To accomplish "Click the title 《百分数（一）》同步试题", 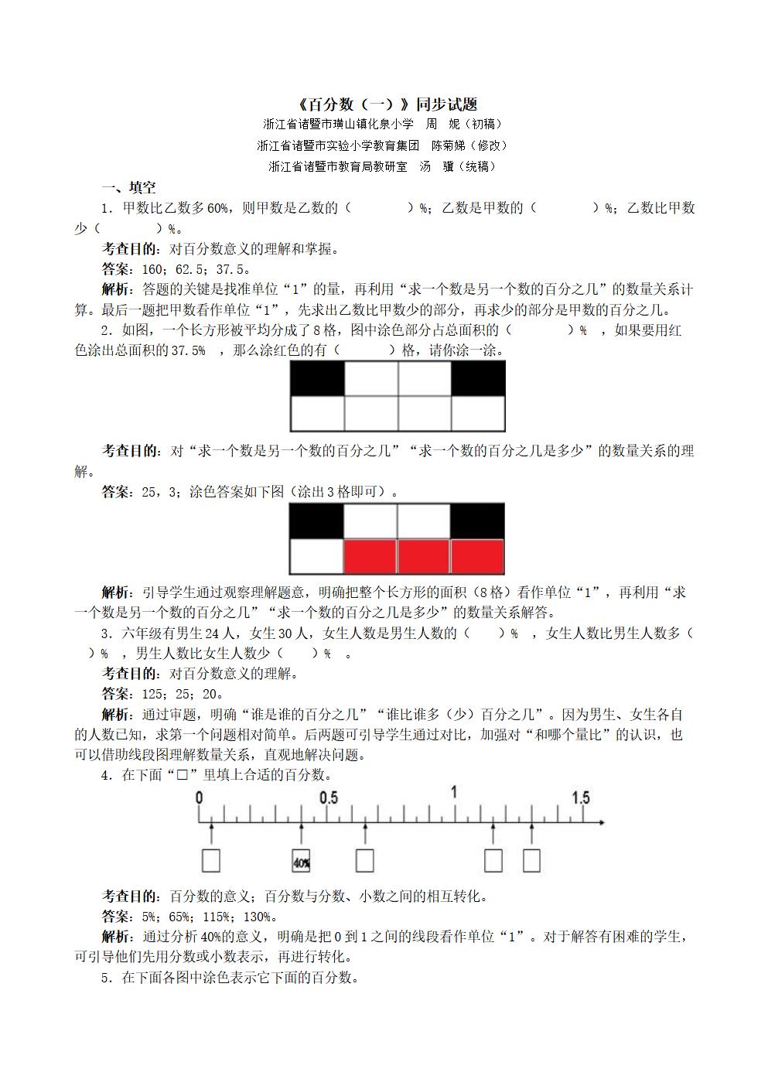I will coord(387,104).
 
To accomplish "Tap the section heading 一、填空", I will coord(129,187).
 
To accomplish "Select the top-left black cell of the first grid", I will coord(317,379).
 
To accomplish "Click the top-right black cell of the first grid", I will coord(478,379).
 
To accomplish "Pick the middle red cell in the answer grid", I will coord(424,555).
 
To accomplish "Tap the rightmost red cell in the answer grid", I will coord(477,555).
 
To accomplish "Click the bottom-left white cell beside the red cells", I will coord(317,555).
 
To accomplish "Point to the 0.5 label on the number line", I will coord(329,797).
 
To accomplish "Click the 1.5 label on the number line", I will coord(581,797).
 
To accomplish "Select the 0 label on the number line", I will coord(200,797).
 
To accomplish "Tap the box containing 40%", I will coord(301,861).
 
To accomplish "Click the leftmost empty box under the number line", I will coord(210,861).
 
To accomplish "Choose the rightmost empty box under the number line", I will coord(531,861).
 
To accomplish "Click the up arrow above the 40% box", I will coord(301,834).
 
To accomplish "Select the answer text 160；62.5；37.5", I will coord(196,269).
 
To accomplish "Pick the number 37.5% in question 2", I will coord(188,350).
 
